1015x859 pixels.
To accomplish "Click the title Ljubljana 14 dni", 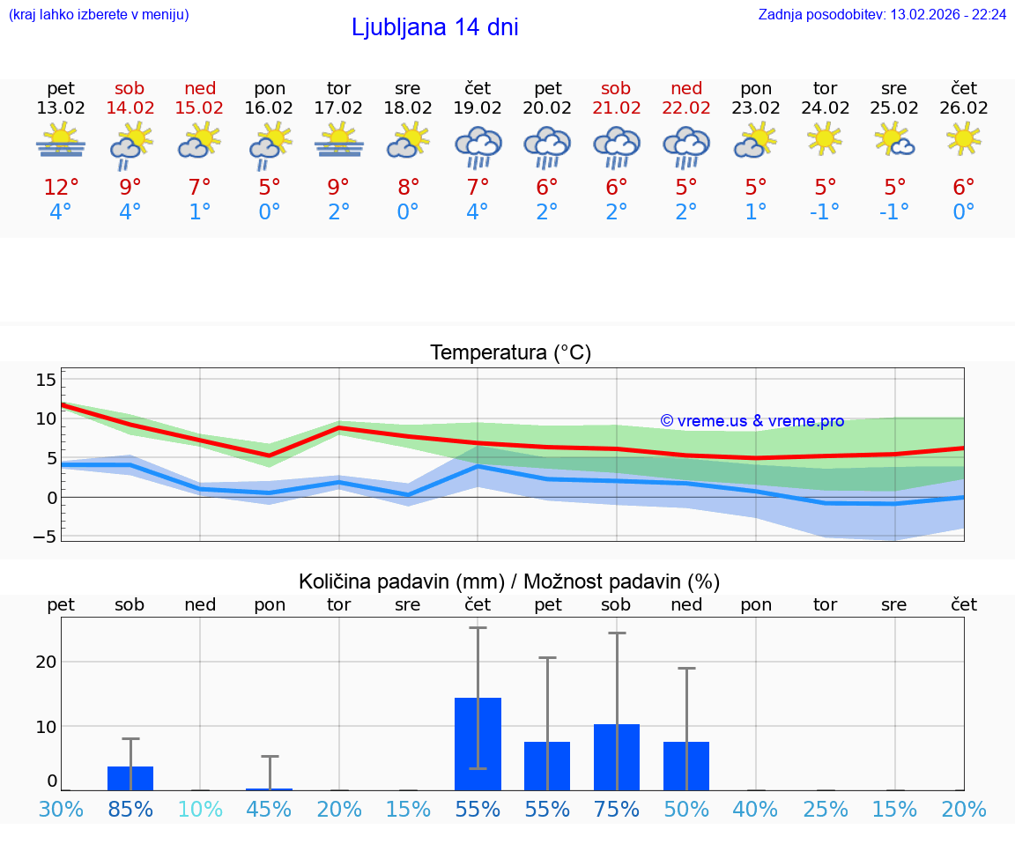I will (x=434, y=27).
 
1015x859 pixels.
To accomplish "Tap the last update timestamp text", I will (x=882, y=15).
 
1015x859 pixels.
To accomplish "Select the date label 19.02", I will (x=478, y=108).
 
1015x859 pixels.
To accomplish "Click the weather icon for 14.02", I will (x=130, y=144).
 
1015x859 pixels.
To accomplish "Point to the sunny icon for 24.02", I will (x=825, y=138).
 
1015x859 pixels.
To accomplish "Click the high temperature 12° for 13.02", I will (x=61, y=188).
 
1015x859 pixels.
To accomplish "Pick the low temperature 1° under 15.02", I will (x=200, y=212).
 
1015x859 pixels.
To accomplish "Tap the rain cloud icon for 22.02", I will (x=686, y=146).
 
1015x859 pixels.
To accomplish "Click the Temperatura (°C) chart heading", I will (x=510, y=353).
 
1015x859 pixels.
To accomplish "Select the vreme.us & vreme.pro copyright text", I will (x=752, y=421).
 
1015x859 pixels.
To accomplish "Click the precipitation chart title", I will (x=509, y=581).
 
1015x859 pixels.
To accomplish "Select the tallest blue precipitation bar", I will (x=478, y=744).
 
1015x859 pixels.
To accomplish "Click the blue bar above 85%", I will (x=130, y=779).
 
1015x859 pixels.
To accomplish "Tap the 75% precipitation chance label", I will (x=617, y=810).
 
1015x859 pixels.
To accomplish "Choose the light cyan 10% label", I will (x=200, y=810).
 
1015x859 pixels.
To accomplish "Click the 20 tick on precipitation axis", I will (x=46, y=662).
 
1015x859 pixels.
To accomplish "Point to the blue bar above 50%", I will (x=686, y=766).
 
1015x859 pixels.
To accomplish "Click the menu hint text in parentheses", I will (x=99, y=15).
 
